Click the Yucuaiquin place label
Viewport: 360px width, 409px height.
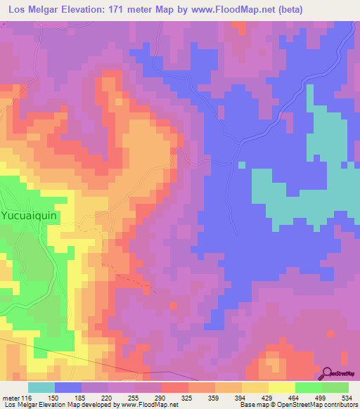29,216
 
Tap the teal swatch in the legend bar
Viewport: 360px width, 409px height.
41,388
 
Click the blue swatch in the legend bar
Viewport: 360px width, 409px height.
68,388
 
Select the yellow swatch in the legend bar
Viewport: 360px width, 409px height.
281,388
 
